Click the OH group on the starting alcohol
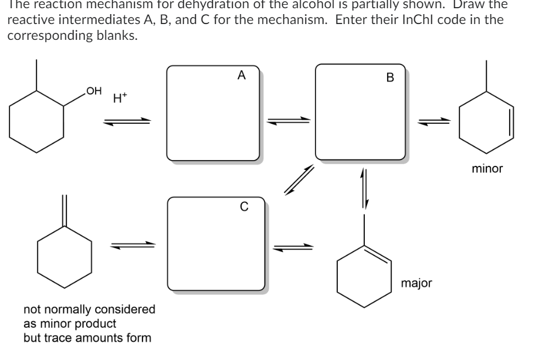click(93, 90)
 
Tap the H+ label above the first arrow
click(118, 100)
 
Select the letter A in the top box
click(241, 76)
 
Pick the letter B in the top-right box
click(391, 77)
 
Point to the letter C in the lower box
click(243, 206)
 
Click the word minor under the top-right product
click(487, 169)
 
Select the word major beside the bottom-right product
click(417, 284)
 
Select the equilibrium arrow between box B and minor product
click(434, 122)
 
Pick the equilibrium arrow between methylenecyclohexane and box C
click(134, 246)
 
